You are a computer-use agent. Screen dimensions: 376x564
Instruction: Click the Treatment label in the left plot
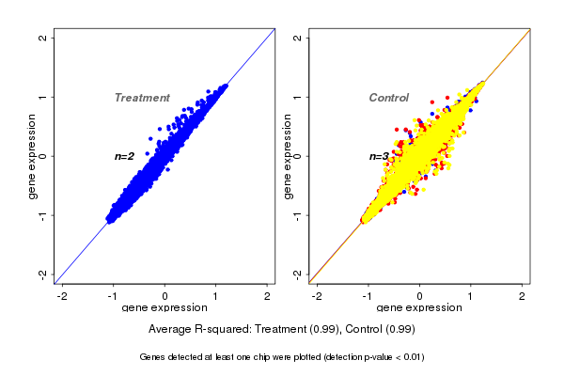pos(142,98)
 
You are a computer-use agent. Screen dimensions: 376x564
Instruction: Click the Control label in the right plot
pos(388,98)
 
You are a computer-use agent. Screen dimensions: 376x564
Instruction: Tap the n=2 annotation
pos(125,156)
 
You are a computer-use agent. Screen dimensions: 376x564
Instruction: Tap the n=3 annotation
pos(379,156)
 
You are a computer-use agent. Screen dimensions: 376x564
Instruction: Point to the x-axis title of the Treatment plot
pos(164,308)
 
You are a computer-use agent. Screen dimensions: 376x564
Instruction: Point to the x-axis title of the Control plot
pos(419,308)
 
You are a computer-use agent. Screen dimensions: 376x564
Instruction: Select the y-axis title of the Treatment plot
pos(33,156)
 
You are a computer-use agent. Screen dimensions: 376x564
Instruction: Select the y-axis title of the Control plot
pos(288,156)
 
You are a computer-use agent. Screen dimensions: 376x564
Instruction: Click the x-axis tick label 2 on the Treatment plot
pos(268,296)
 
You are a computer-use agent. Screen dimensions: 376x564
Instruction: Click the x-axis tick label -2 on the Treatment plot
pos(61,296)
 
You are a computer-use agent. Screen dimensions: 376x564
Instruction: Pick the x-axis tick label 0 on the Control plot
pos(419,296)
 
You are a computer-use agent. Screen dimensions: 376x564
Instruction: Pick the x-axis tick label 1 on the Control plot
pos(471,296)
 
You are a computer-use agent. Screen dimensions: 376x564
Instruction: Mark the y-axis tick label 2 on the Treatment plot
pos(43,38)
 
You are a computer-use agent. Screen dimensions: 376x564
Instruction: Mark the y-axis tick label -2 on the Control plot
pos(298,274)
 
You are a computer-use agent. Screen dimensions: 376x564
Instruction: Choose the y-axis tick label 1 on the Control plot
pos(298,97)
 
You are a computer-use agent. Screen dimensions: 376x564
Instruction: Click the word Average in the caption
pos(172,330)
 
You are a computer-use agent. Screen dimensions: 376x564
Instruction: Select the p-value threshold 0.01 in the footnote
pos(410,357)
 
